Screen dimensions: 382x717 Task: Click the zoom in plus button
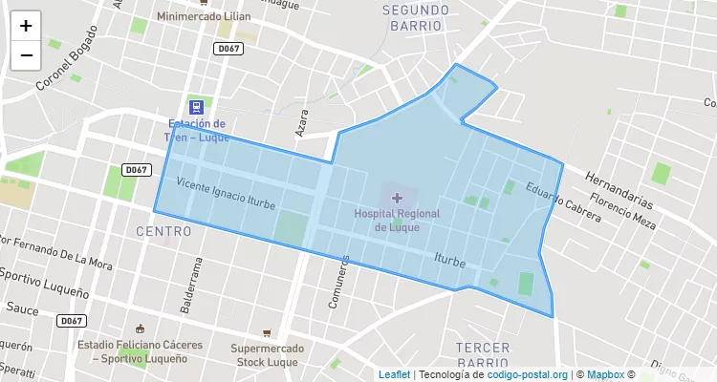26,26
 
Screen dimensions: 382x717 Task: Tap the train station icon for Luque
196,107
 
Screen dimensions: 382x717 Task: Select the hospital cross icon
398,198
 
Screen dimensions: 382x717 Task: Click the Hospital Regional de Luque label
397,221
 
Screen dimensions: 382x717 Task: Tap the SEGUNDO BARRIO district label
416,17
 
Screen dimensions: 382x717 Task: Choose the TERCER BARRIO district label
483,355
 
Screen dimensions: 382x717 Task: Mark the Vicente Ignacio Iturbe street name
227,192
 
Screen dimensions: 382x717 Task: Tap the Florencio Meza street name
622,212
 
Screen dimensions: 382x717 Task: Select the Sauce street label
22,308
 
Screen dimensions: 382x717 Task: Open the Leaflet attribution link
394,374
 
